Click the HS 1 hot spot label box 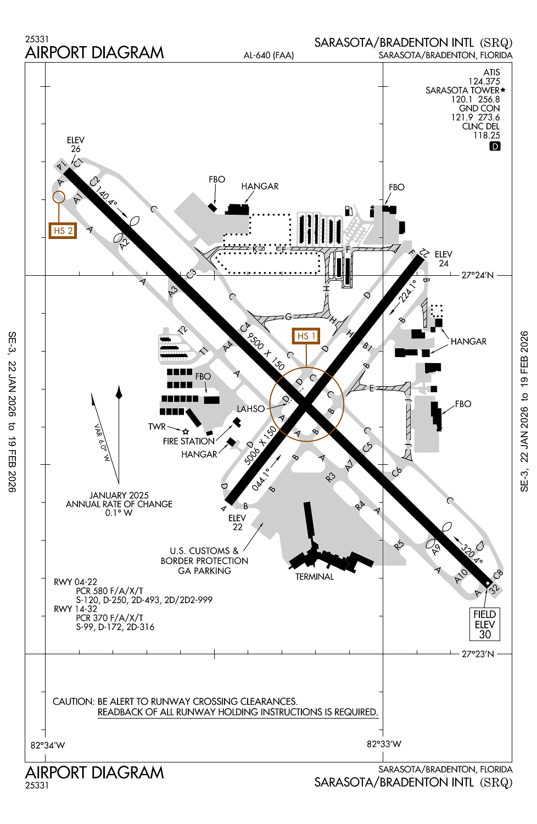(306, 336)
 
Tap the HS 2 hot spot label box (63, 231)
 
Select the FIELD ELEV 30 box (485, 625)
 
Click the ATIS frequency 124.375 (484, 81)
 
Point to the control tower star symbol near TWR (186, 432)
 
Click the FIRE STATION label (188, 441)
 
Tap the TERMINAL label (314, 577)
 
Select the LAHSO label (251, 409)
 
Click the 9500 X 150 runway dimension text (266, 352)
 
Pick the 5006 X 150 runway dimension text (260, 446)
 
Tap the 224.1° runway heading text (407, 291)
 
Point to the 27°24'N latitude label (477, 275)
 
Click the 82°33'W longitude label (384, 744)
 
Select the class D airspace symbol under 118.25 (495, 146)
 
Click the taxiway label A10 (461, 576)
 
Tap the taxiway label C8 (498, 575)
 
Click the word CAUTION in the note (73, 701)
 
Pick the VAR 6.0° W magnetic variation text (102, 442)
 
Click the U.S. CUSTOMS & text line (204, 551)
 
